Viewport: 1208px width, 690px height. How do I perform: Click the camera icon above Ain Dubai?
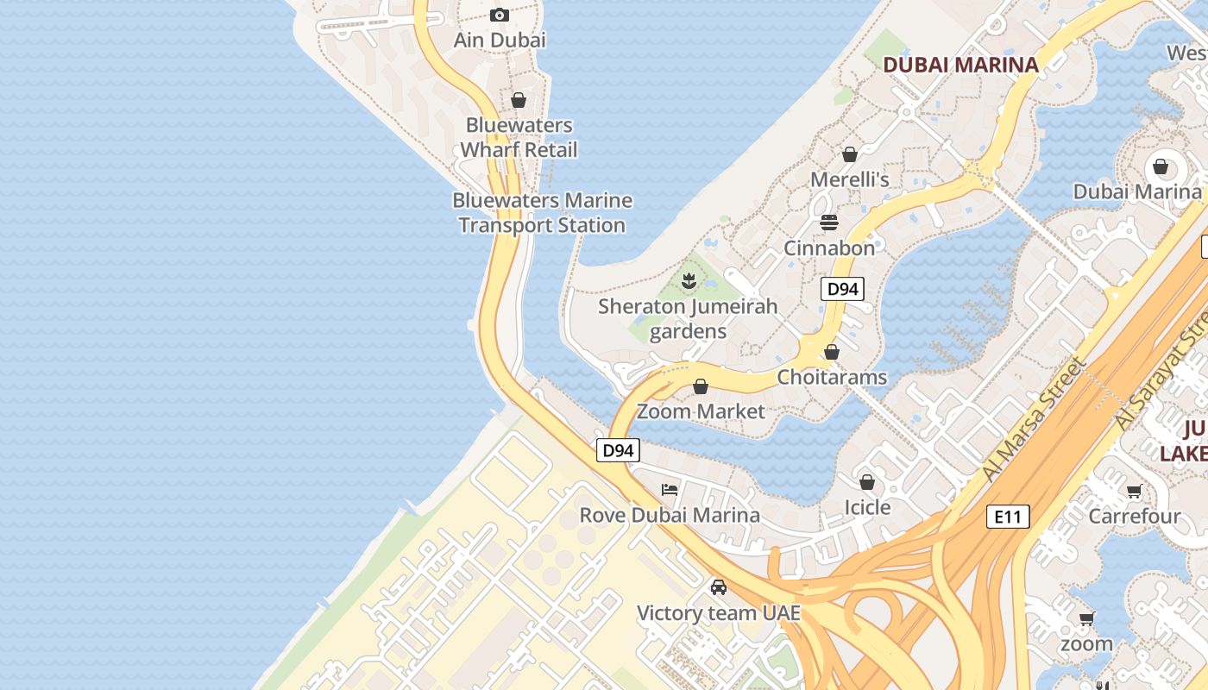(x=500, y=15)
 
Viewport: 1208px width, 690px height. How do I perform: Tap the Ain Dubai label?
(x=500, y=40)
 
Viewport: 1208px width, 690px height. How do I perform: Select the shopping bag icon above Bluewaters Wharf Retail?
(x=519, y=100)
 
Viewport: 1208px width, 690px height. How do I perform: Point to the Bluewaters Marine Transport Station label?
(x=542, y=213)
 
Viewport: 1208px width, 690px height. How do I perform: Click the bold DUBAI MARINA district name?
(x=960, y=65)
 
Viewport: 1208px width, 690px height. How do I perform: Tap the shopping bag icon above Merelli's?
(x=850, y=154)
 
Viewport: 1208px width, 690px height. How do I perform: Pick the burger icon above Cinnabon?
(x=829, y=223)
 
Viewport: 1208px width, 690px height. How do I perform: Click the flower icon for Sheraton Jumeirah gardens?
(x=689, y=280)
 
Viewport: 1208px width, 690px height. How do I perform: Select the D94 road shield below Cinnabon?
(x=842, y=289)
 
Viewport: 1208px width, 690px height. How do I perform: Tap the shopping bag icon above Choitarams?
(x=832, y=352)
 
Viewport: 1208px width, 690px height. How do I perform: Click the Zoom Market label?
(x=701, y=411)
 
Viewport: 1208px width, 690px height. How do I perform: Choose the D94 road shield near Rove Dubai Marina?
(x=618, y=450)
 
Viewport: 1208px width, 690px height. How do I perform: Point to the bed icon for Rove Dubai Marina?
(x=670, y=490)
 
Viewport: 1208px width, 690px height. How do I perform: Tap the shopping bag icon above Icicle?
(x=867, y=482)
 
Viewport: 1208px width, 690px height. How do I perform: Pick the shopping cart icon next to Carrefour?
(x=1134, y=492)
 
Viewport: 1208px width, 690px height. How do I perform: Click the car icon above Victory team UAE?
(x=718, y=587)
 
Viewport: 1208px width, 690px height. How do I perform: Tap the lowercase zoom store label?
(x=1086, y=643)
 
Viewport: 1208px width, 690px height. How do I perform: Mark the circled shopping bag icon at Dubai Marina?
(x=1161, y=166)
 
